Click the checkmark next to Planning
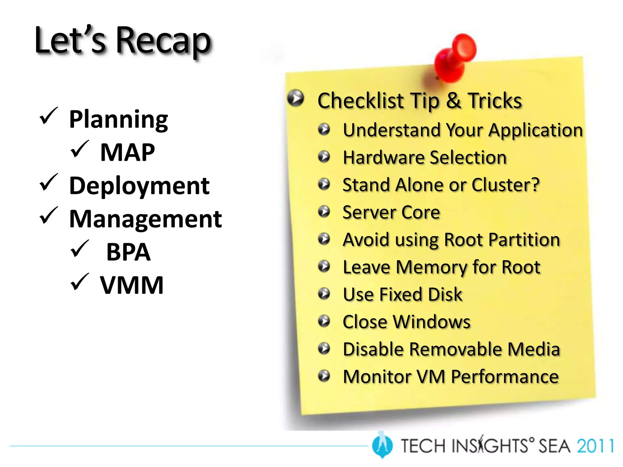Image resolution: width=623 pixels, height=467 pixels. click(48, 116)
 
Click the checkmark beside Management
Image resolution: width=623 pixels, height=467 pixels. click(48, 216)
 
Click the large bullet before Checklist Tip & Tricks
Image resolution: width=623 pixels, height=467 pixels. click(295, 98)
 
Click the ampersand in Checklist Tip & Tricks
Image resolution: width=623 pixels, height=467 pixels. click(453, 101)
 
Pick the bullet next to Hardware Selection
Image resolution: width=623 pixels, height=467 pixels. click(324, 157)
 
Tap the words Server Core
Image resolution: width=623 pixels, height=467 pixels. click(391, 212)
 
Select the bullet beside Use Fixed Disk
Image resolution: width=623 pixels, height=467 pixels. click(324, 294)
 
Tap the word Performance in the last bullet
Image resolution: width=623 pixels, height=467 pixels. click(505, 377)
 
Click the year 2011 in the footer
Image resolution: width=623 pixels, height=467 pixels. click(595, 446)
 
